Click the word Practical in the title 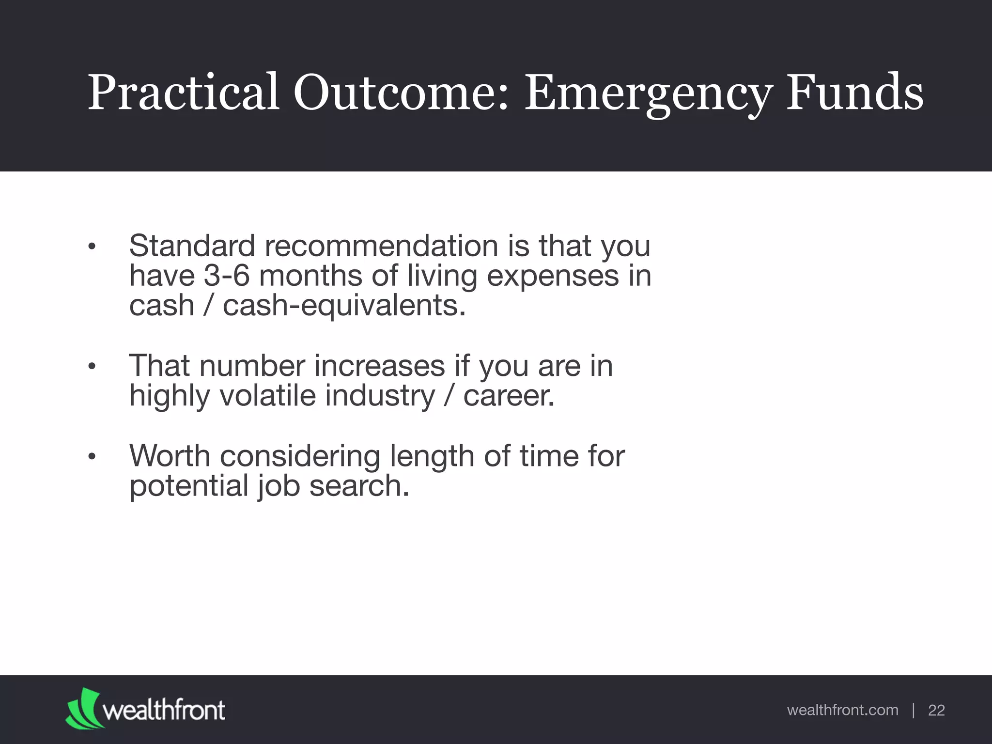click(183, 92)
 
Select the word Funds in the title click(854, 92)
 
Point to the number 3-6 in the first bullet click(227, 276)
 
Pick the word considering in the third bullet click(300, 456)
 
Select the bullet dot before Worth click(92, 457)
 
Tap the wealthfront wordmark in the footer click(164, 710)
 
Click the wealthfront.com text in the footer click(842, 710)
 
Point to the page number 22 click(936, 711)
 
